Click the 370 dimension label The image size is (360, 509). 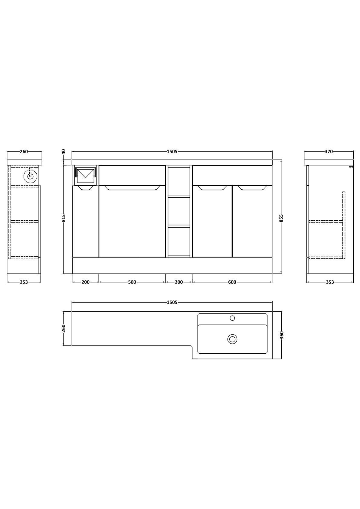(329, 151)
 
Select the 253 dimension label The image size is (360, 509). (24, 282)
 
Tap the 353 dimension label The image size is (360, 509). (330, 282)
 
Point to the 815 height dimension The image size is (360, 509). (64, 218)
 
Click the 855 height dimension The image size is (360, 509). (281, 218)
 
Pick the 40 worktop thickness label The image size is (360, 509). (64, 151)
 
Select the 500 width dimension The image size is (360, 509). (132, 282)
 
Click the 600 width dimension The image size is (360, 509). (232, 282)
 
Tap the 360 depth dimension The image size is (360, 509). (282, 335)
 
